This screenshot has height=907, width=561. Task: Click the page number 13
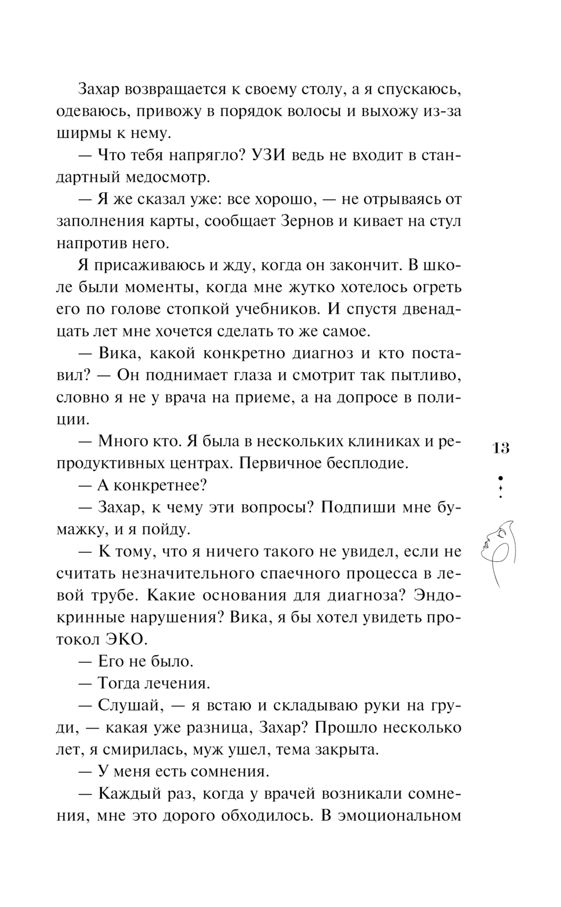click(501, 448)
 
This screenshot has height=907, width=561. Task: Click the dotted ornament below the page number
click(500, 487)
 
